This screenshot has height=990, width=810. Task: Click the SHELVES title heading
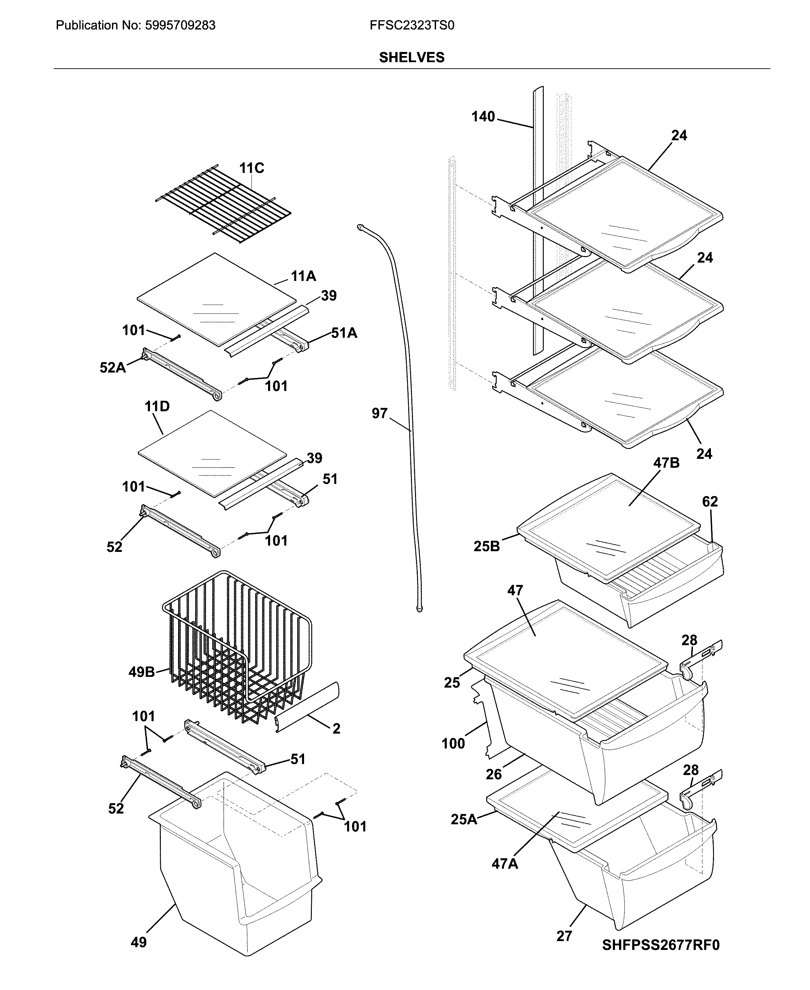412,57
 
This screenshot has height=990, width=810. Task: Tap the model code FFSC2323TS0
412,25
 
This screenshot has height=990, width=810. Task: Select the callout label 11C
251,168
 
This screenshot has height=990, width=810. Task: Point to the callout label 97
379,413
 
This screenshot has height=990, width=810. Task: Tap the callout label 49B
142,672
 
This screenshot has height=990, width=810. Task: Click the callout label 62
710,502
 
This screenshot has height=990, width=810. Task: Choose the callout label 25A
464,819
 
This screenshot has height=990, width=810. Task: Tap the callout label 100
453,743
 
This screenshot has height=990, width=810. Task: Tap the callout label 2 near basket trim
336,728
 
